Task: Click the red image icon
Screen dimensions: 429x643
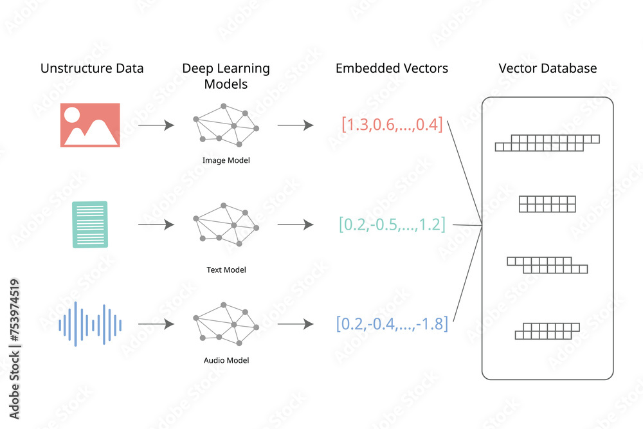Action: coord(89,125)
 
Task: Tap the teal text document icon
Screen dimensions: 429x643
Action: coord(90,224)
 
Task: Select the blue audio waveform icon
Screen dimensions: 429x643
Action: coord(90,324)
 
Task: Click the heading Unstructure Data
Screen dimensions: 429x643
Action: coord(92,68)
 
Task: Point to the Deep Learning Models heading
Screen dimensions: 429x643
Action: coord(226,76)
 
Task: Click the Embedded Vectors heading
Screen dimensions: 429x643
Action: coord(392,68)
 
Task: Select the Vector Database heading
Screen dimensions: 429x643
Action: coord(548,68)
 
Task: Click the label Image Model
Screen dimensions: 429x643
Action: coord(226,160)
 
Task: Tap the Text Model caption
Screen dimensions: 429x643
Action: coord(226,269)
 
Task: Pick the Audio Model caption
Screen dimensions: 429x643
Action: coord(226,360)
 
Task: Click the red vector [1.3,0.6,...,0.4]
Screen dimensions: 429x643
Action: coord(392,125)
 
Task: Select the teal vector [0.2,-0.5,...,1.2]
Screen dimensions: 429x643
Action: coord(392,224)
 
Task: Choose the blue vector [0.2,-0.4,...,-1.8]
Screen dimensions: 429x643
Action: coord(392,324)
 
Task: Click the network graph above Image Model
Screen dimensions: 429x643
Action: coord(226,122)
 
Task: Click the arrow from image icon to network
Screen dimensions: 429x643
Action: coord(156,125)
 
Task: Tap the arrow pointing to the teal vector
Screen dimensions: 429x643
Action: coord(295,225)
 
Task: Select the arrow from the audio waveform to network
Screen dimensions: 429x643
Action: coord(156,324)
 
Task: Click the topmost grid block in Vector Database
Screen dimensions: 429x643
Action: coord(547,143)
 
